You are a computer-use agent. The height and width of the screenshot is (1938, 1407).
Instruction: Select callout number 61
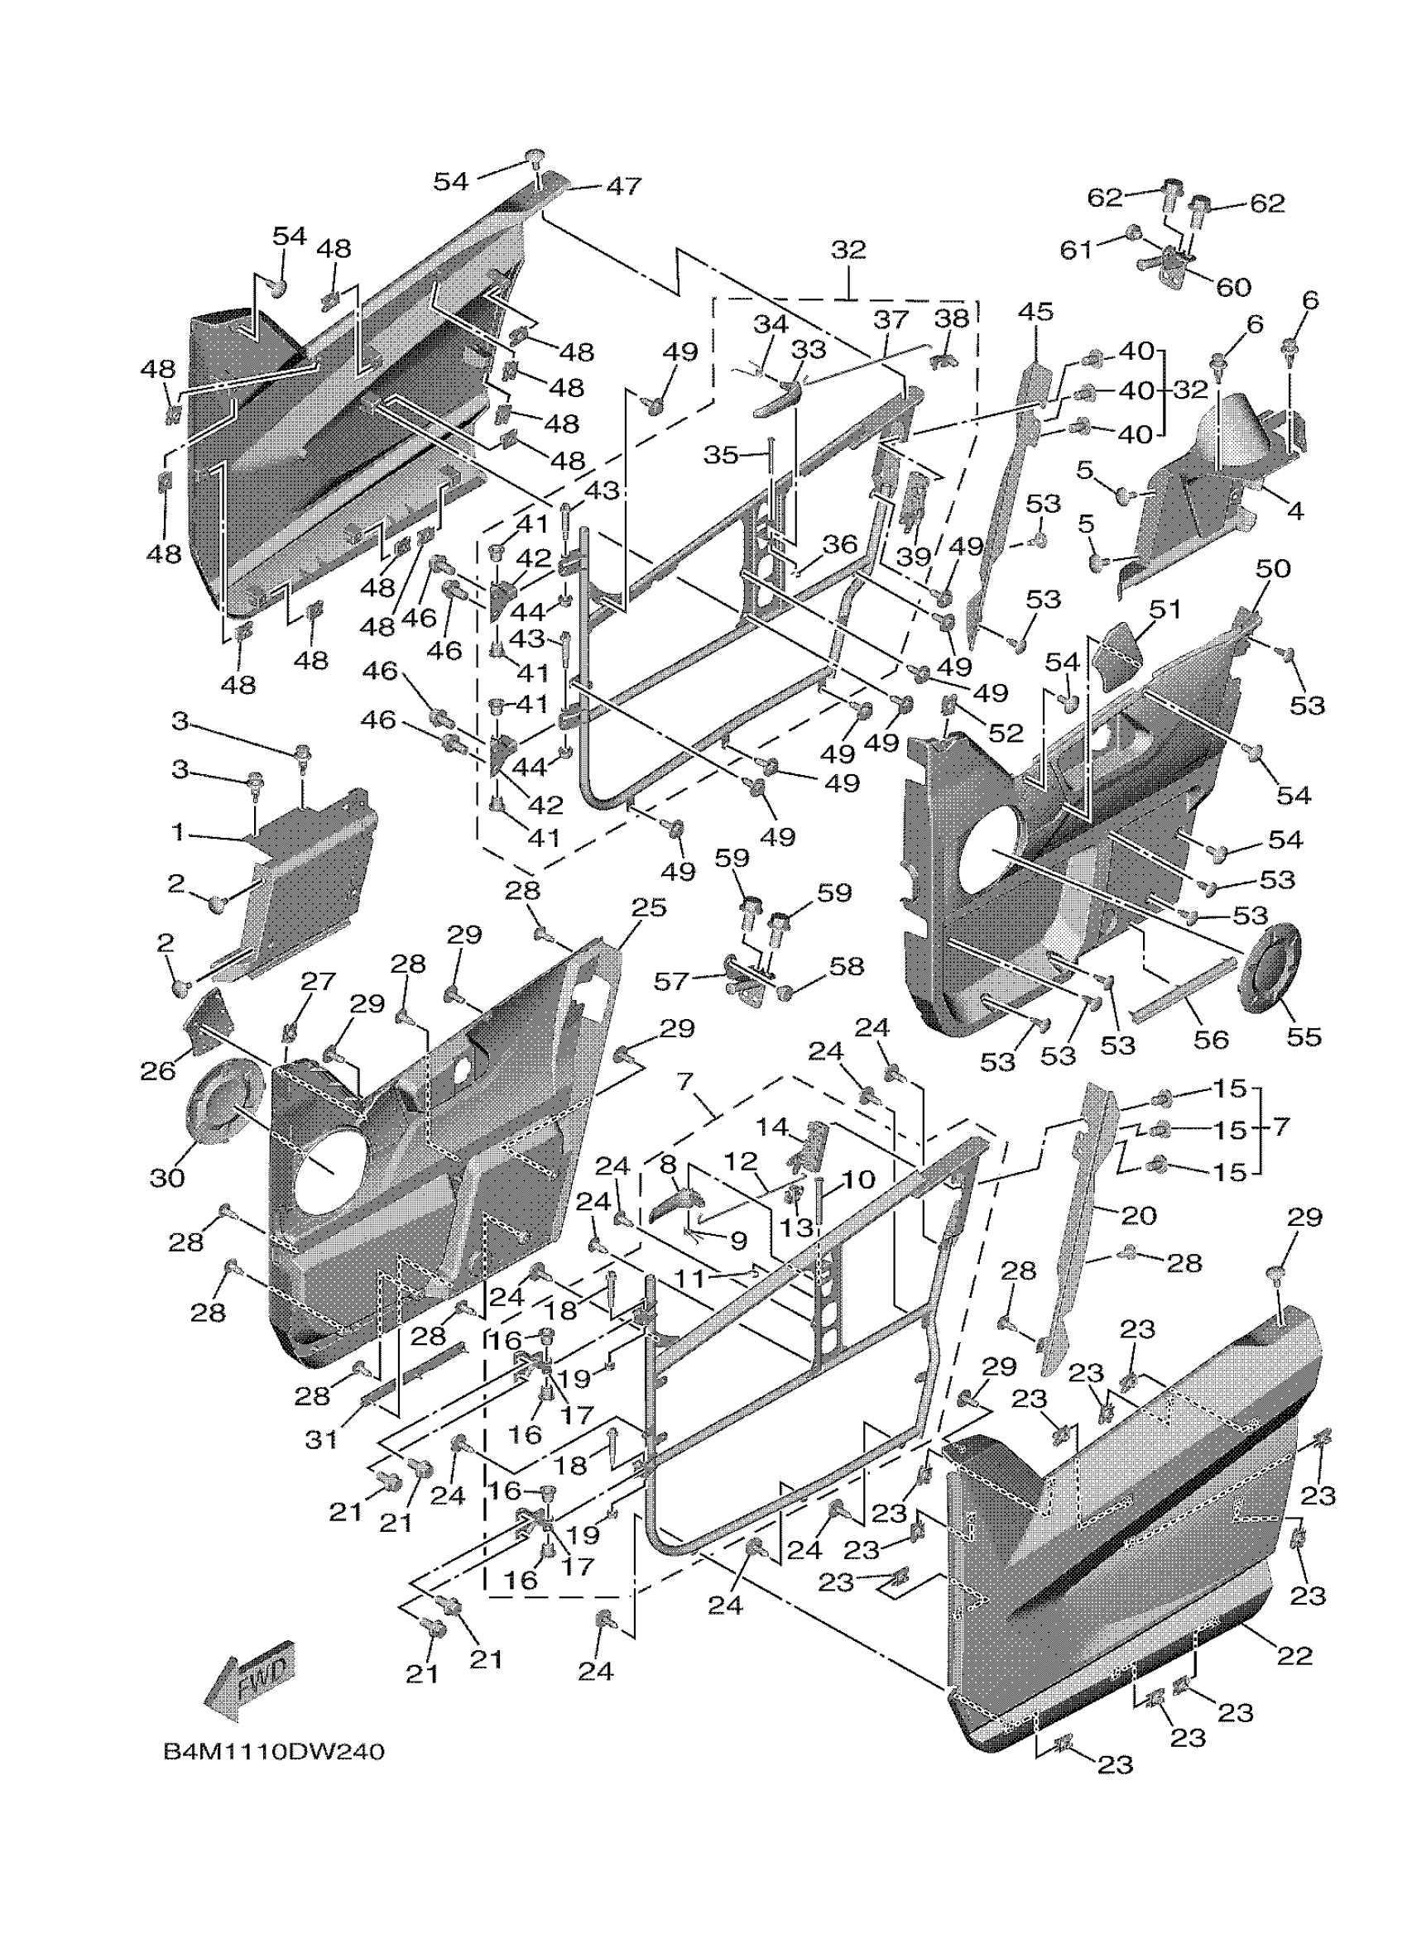tap(1076, 250)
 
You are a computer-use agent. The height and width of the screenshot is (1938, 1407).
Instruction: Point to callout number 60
tap(1232, 287)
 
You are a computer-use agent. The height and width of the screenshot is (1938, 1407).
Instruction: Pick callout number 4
tap(1295, 511)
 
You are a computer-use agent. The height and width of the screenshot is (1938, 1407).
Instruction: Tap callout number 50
tap(1273, 568)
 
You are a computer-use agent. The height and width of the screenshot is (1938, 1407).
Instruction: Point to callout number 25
tap(648, 907)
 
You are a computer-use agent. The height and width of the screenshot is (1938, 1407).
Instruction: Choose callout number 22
tap(1294, 1655)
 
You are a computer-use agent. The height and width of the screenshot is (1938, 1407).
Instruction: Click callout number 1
tap(178, 830)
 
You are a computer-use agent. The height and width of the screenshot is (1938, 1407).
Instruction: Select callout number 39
tap(914, 557)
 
